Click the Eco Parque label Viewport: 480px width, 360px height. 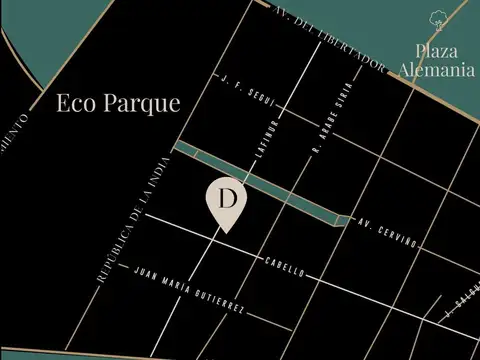pyautogui.click(x=118, y=103)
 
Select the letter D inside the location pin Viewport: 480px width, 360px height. pyautogui.click(x=227, y=198)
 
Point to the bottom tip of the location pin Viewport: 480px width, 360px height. pyautogui.click(x=227, y=233)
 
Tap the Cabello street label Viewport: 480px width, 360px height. pyautogui.click(x=283, y=266)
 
